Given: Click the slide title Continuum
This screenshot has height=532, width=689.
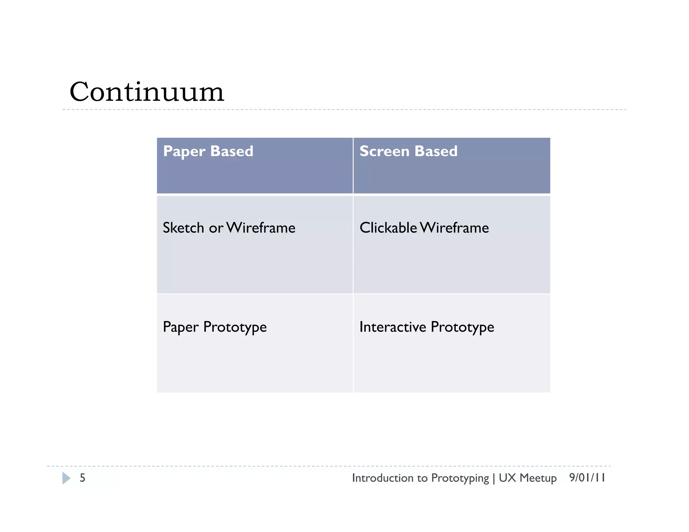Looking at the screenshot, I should coord(147,92).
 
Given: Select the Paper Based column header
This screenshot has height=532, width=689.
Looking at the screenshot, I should coord(208,151).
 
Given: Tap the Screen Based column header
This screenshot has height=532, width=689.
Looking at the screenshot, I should coord(408,151).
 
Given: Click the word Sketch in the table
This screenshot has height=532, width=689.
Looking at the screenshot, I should coord(183,228).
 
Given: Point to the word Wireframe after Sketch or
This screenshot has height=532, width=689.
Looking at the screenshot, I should coord(261,228).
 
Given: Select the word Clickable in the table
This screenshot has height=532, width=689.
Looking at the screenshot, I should coord(388,228).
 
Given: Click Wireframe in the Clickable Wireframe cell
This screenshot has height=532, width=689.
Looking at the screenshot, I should coord(455,228).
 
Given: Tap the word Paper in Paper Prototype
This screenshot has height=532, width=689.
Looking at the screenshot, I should coord(181,327).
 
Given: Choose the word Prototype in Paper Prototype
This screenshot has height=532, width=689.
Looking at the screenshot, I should coord(235,327).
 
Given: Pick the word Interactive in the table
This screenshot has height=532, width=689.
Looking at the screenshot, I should coord(393,327).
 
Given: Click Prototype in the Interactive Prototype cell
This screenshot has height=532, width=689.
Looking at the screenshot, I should coord(462,327).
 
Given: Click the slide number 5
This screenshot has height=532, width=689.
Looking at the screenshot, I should coord(82,478).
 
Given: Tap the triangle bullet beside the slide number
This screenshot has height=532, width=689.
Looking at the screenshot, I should coord(66,478).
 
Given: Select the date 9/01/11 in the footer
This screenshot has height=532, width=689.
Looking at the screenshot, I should coord(587,478).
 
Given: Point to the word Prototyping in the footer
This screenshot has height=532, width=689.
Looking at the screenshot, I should coord(460,478).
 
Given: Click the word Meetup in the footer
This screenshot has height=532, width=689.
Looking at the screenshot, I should coord(538,478).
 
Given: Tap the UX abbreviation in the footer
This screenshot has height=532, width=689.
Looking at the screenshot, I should coord(507,478).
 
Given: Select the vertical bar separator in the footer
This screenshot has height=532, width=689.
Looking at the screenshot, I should coord(494,478).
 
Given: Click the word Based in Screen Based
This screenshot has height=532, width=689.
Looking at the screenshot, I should coord(436,151).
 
